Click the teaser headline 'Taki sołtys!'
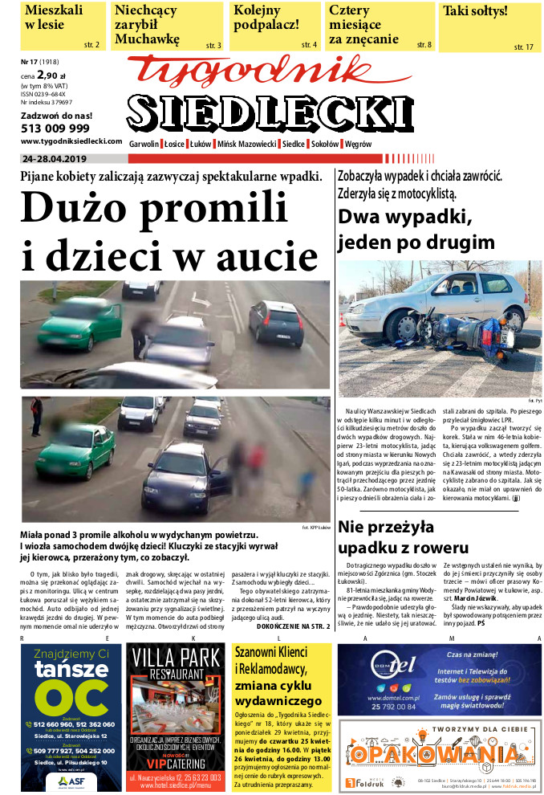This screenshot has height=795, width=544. (476, 12)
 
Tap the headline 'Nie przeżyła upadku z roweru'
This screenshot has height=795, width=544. (404, 537)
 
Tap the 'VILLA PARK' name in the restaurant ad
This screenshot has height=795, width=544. (176, 683)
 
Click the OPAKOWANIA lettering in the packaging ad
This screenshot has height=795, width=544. (437, 756)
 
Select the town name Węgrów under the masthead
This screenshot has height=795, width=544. (358, 144)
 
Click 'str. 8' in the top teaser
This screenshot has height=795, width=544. (424, 45)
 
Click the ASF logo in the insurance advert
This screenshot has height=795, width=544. (71, 780)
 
